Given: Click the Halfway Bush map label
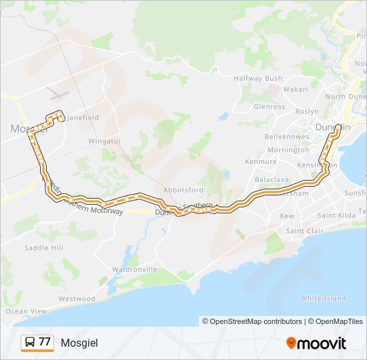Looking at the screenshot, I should click(258, 78).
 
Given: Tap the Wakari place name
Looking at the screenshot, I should click(295, 89).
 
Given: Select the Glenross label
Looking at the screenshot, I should click(269, 107).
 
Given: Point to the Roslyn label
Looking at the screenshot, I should click(307, 111).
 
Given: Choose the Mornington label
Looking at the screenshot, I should click(288, 150).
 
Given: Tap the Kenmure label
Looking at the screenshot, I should click(261, 161).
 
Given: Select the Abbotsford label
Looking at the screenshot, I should click(183, 189).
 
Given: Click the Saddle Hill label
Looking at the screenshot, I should click(43, 247).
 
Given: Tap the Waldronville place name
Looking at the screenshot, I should click(135, 269).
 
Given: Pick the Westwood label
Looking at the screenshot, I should click(77, 299).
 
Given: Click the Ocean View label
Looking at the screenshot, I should click(27, 311).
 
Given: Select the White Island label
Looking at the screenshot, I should click(324, 298).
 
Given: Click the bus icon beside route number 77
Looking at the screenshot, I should click(30, 343).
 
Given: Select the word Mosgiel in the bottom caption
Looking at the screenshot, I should click(79, 343).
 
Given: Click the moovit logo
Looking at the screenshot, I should click(316, 343).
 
